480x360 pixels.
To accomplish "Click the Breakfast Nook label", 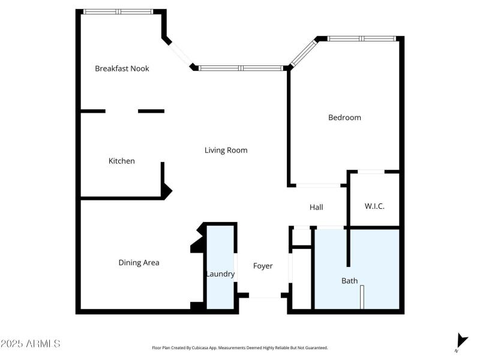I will click(122, 68).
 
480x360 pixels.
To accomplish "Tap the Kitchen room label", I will click(121, 161).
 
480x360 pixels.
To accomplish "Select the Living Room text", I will click(226, 150).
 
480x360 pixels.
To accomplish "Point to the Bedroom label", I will click(344, 117).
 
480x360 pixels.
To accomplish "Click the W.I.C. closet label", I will click(374, 206).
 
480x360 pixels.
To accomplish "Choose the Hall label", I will click(316, 207).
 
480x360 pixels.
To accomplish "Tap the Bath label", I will click(349, 280).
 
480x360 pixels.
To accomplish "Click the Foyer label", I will click(263, 266).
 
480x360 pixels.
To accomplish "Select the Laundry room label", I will click(220, 274).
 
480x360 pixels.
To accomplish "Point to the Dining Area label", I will click(139, 262).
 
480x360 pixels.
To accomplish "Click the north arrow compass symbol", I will click(460, 340).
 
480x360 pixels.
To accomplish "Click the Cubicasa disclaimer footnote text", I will click(240, 347).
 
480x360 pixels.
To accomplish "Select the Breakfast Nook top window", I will click(118, 11).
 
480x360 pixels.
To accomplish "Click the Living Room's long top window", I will click(241, 68).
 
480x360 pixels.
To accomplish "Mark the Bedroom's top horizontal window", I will click(362, 38).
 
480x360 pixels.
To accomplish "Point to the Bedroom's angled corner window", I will click(303, 53).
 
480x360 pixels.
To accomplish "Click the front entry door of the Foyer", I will click(265, 296).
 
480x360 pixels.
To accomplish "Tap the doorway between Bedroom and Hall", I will click(318, 185).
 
